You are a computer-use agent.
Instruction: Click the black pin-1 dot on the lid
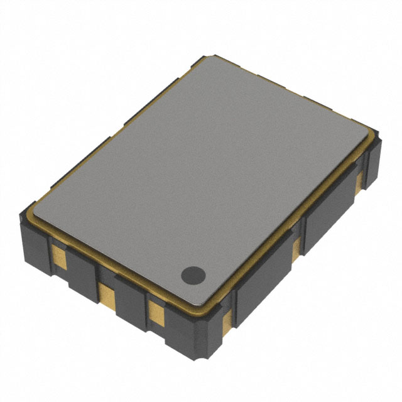193,274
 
